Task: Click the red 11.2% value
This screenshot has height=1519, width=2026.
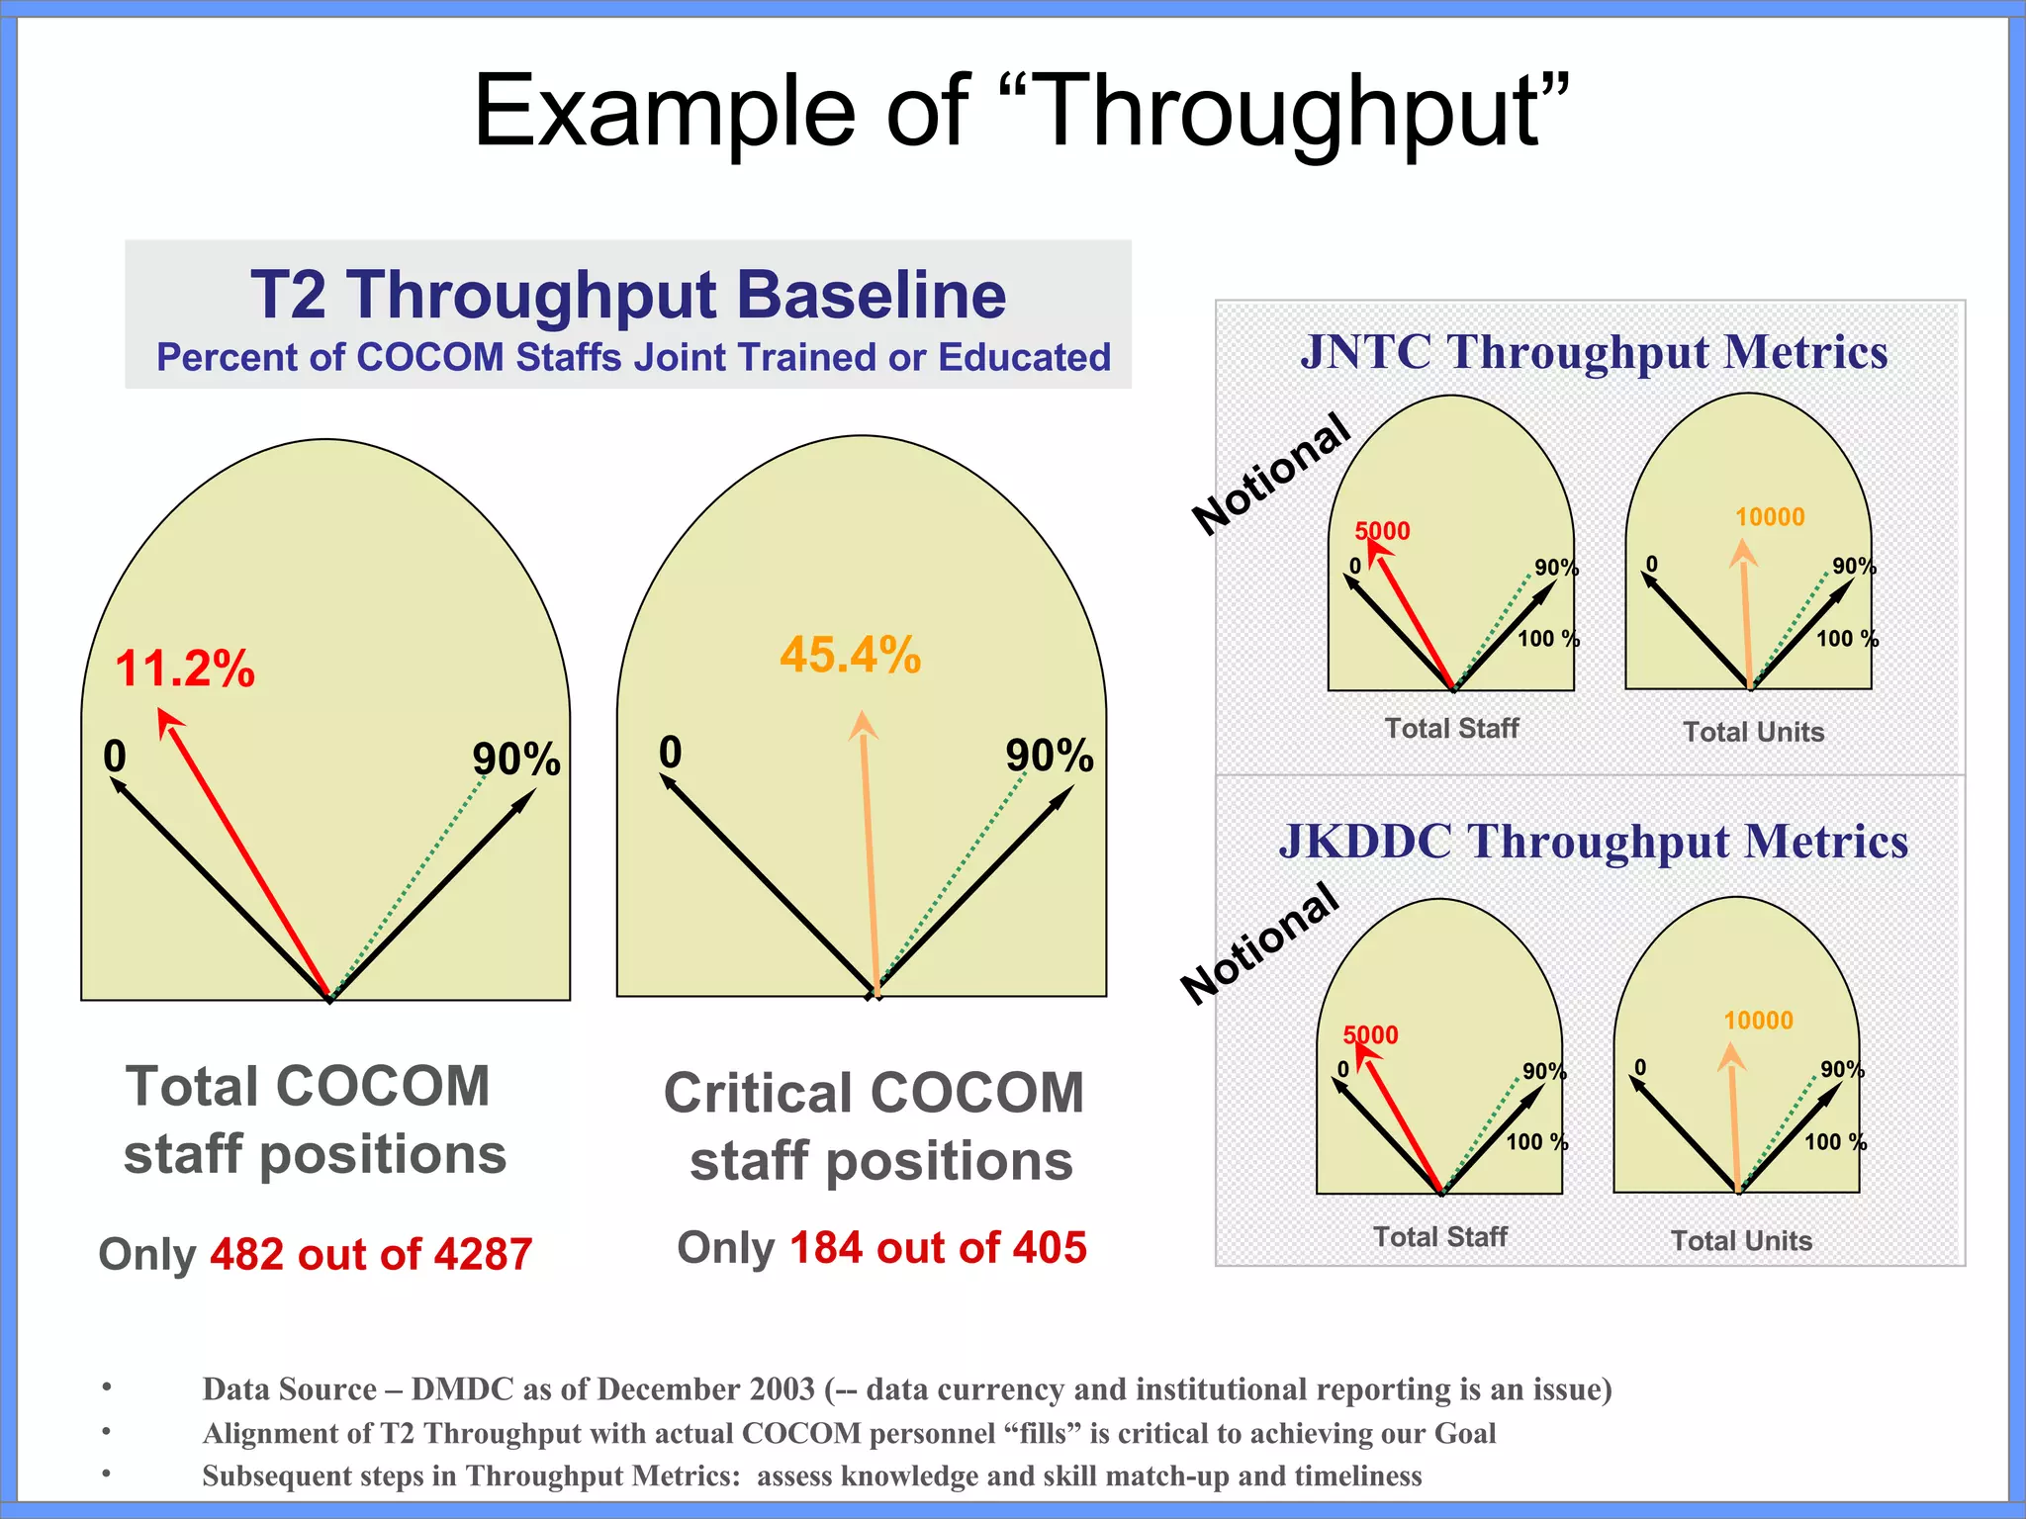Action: click(x=185, y=669)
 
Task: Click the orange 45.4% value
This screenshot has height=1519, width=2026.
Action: click(x=850, y=655)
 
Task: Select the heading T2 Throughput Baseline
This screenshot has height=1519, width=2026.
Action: click(x=628, y=295)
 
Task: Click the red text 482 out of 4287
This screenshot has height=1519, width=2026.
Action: click(x=371, y=1254)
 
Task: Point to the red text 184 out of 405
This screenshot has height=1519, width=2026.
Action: click(x=938, y=1247)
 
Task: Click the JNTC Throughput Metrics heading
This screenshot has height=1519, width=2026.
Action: click(x=1594, y=352)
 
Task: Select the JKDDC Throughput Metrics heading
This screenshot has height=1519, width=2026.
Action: click(x=1593, y=842)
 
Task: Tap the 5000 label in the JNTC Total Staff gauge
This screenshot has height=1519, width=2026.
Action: click(x=1382, y=531)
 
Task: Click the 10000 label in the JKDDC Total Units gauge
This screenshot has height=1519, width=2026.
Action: click(x=1758, y=1021)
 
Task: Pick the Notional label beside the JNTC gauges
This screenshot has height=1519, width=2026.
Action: click(x=1271, y=473)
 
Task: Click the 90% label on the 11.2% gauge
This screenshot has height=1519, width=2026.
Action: click(x=515, y=759)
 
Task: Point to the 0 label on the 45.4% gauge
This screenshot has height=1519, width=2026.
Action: click(x=670, y=753)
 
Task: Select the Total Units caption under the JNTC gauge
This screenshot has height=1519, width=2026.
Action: click(x=1753, y=732)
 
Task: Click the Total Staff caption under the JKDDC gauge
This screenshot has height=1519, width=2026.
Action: click(x=1439, y=1236)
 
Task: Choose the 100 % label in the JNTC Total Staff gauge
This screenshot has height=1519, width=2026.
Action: click(x=1548, y=639)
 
